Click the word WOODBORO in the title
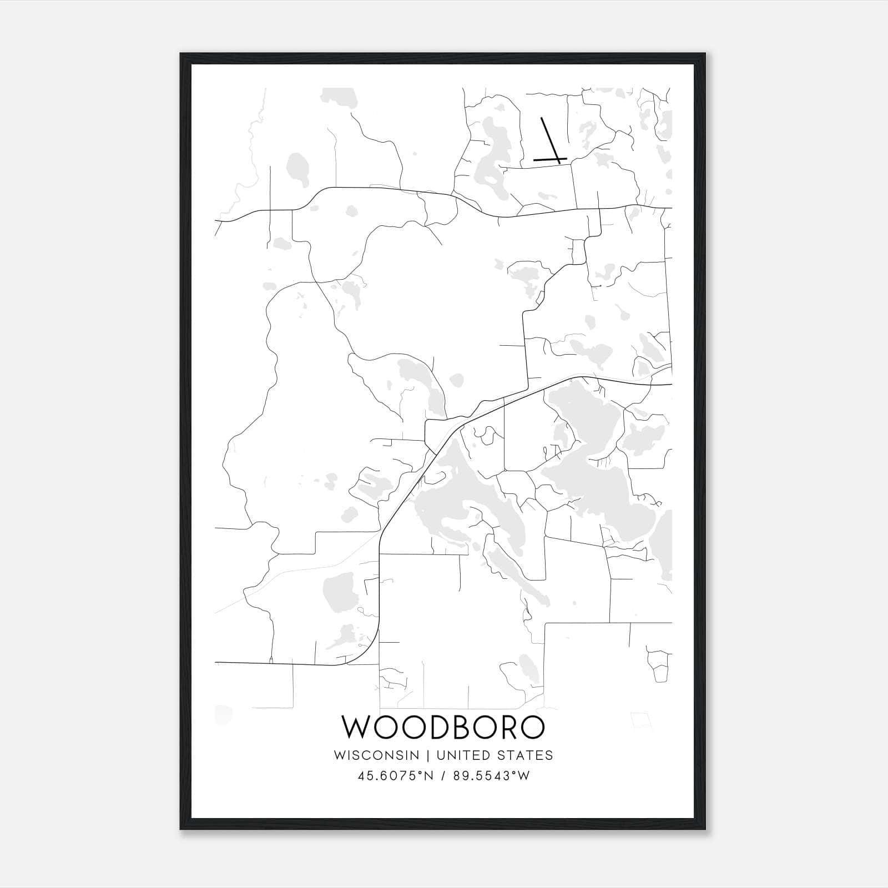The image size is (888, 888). (442, 728)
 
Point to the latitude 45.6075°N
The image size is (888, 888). (395, 776)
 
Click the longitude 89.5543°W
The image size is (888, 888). (491, 776)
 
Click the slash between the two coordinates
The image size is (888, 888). (443, 776)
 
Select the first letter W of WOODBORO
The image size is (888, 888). (355, 728)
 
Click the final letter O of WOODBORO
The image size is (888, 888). (531, 728)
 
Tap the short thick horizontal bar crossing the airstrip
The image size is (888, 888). (549, 160)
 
